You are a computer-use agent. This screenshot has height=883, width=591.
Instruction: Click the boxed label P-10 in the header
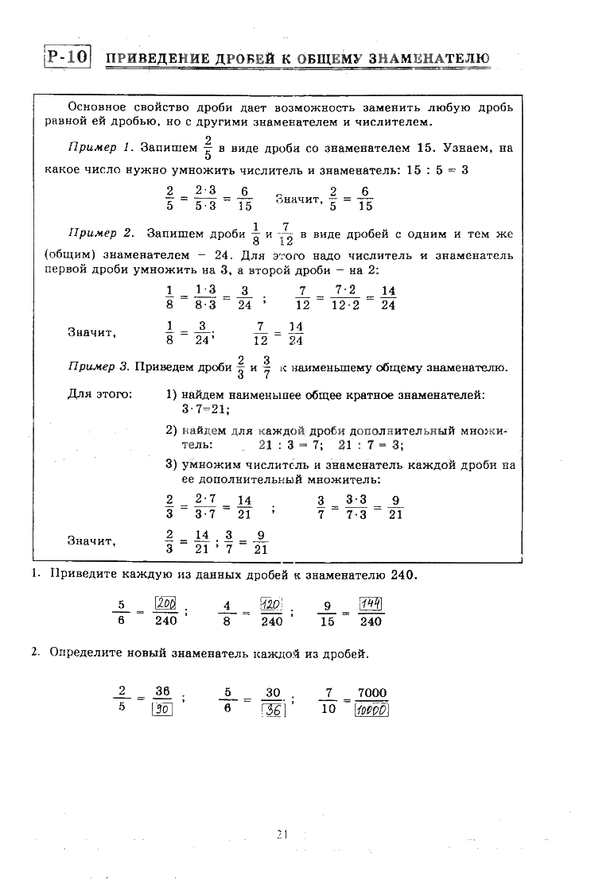67,57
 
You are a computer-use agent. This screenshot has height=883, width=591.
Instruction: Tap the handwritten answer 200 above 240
166,603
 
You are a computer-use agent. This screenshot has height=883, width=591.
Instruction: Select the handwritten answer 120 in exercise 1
272,603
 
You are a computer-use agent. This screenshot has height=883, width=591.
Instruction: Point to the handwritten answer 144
371,603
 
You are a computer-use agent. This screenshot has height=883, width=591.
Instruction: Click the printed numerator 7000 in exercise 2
372,692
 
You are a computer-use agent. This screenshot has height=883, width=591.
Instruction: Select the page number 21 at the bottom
282,834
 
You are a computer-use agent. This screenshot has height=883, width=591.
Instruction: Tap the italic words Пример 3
99,367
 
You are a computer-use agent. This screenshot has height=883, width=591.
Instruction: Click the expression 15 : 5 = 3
441,169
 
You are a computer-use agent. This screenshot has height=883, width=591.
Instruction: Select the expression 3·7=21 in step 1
206,409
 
